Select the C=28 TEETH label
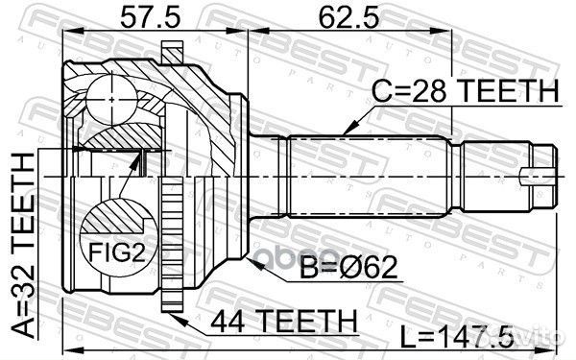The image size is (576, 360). pos(463,92)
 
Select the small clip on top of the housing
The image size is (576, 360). pos(171,50)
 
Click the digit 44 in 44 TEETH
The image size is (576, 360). pos(228,317)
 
